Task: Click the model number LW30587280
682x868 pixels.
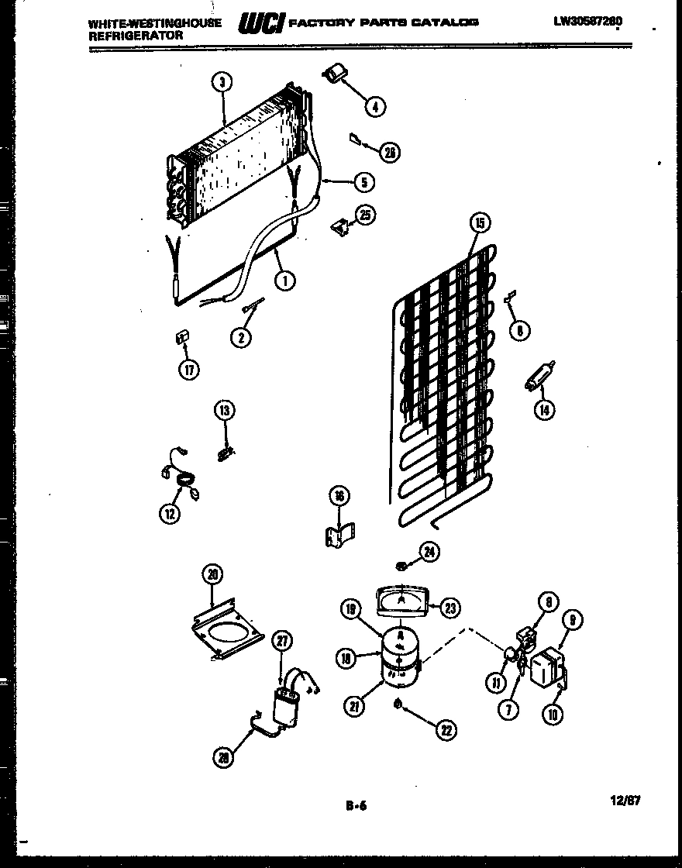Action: [587, 22]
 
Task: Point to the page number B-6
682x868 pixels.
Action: [356, 806]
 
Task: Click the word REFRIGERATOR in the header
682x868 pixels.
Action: [136, 36]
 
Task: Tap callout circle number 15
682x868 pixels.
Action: [480, 224]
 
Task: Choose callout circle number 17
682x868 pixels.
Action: [188, 370]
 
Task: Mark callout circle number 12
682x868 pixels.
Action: [170, 513]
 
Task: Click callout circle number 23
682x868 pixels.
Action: [449, 608]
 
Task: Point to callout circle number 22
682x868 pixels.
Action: [446, 729]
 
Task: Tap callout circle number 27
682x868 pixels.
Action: [284, 640]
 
